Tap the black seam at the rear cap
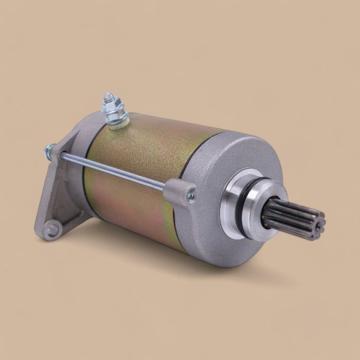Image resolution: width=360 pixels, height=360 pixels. (87, 170)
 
